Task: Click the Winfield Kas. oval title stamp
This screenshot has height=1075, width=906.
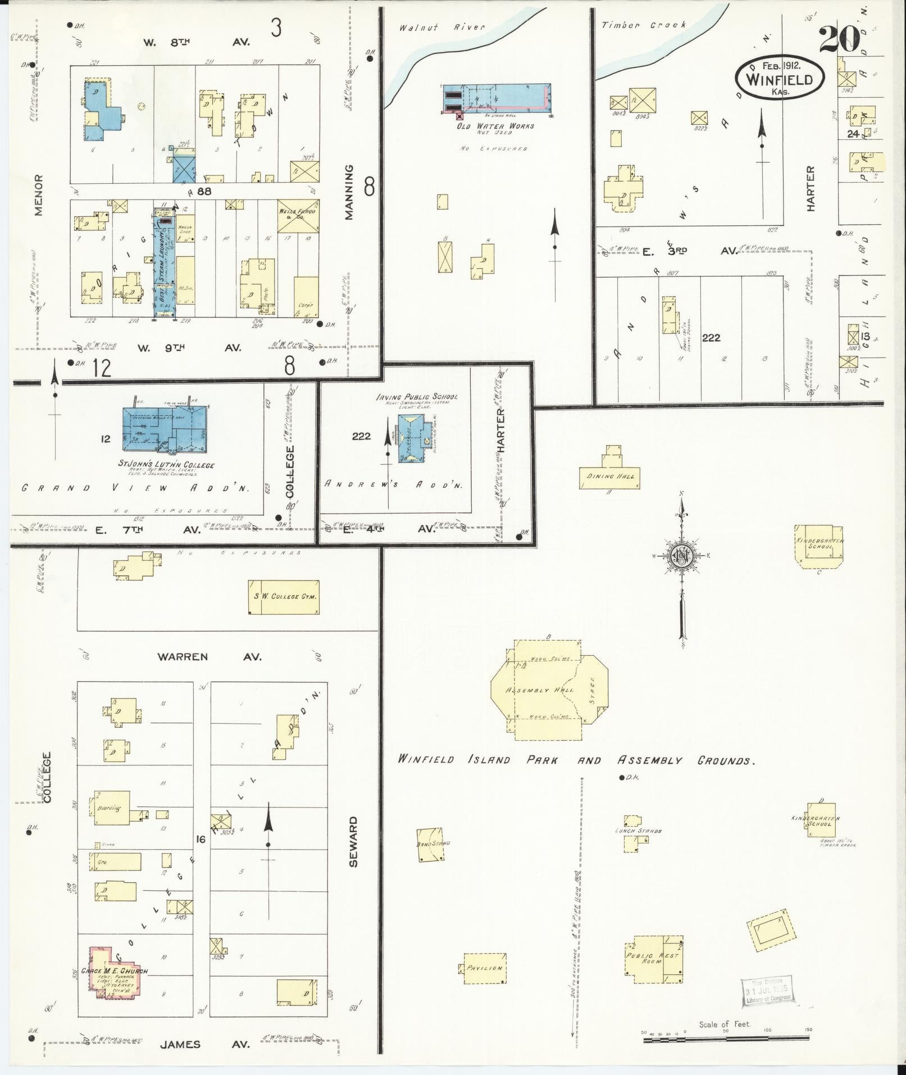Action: point(779,79)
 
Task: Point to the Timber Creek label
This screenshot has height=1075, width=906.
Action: point(643,25)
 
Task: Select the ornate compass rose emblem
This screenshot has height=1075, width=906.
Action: point(682,556)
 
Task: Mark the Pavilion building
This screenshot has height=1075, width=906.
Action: point(484,968)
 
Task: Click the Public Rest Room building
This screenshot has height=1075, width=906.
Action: point(654,959)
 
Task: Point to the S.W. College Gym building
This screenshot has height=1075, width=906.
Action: point(284,597)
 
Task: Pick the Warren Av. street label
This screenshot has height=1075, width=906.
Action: point(208,656)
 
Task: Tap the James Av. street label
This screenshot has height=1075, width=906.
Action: point(203,1045)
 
